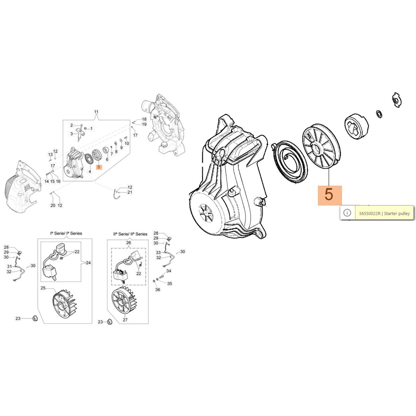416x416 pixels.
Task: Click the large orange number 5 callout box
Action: pos(330,195)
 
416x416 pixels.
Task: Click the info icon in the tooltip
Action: pos(347,213)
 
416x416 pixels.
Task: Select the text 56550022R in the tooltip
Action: pos(370,213)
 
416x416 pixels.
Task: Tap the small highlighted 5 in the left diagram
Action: pos(99,167)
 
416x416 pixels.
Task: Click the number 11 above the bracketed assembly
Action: pos(96,112)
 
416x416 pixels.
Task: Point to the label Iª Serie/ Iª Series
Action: pos(66,233)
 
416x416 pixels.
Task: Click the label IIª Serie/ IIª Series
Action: pos(130,234)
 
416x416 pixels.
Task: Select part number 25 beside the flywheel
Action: pos(43,288)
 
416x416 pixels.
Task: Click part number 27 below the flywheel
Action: pos(125,320)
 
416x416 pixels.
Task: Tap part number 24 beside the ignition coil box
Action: pos(88,263)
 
